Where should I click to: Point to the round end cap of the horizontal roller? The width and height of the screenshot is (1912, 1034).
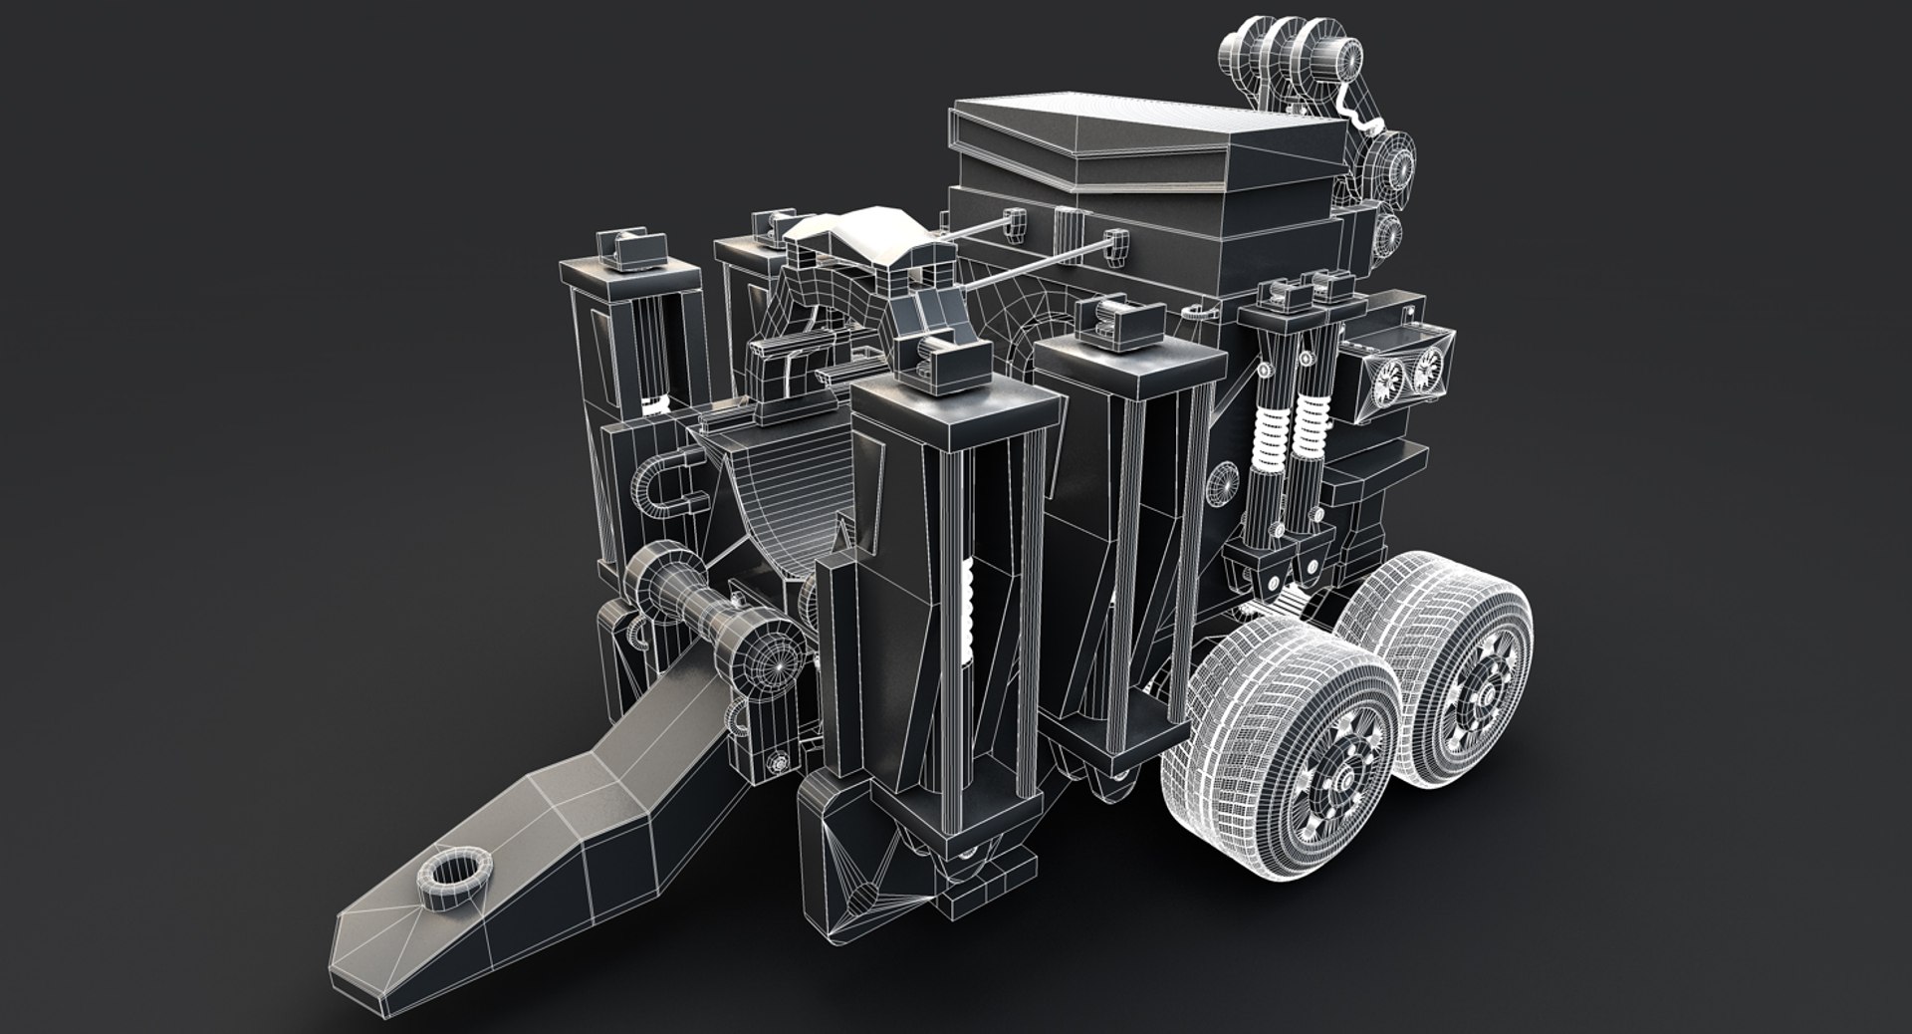[773, 657]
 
